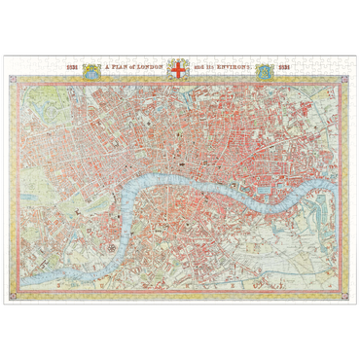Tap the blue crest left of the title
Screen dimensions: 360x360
click(90, 70)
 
